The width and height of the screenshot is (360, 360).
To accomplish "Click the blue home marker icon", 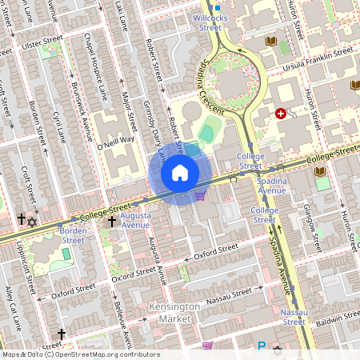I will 180,173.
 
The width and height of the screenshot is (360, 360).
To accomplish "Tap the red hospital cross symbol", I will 280,114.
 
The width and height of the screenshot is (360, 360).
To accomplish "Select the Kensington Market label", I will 171,313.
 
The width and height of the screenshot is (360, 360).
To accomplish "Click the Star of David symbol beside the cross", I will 32,221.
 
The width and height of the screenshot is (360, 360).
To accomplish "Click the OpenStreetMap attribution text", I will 80,354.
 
